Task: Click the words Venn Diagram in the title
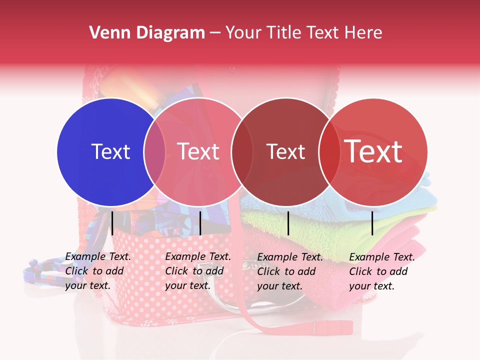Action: [x=146, y=33]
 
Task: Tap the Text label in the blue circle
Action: [x=110, y=151]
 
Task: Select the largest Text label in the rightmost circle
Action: [x=373, y=151]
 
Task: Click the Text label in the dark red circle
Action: [x=285, y=151]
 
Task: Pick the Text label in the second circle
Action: [x=198, y=151]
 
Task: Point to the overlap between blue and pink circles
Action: [x=154, y=151]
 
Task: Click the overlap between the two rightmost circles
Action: [x=328, y=151]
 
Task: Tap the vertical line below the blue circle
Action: [x=112, y=223]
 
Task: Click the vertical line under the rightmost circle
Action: [x=372, y=223]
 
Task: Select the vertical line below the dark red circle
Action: [x=288, y=223]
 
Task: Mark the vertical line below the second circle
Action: [x=200, y=223]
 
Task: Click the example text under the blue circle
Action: [x=97, y=271]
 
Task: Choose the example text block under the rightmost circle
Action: [x=381, y=271]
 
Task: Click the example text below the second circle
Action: [x=197, y=271]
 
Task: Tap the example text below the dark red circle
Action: [x=289, y=271]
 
